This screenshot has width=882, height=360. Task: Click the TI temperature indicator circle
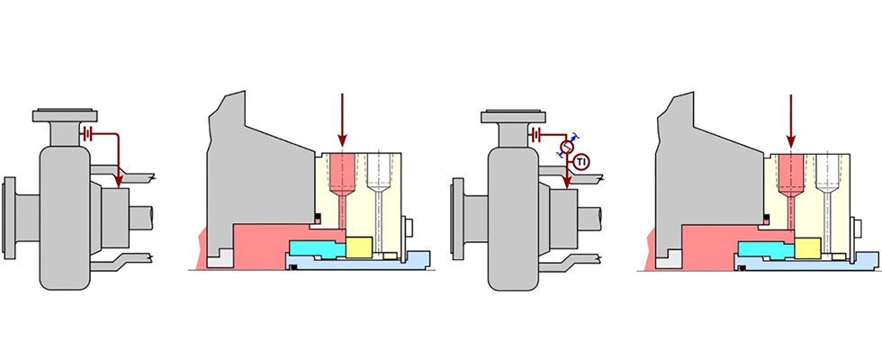[582, 162]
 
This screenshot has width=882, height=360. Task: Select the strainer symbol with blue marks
[567, 146]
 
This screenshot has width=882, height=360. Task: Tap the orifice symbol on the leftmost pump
[86, 134]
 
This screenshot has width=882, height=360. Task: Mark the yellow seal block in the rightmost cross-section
[809, 246]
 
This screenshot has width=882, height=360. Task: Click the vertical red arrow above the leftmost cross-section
[342, 117]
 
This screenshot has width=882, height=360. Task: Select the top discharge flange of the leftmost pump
[65, 115]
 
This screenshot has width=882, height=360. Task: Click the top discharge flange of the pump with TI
[514, 115]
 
